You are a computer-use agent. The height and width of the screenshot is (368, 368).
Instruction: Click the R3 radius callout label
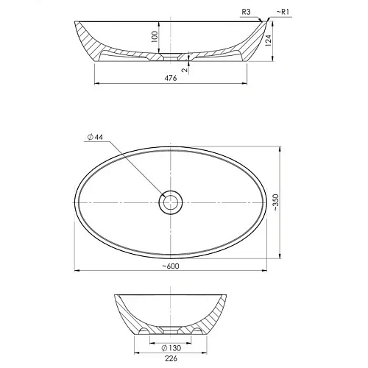(x=246, y=12)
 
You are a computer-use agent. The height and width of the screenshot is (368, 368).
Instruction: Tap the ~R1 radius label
(x=283, y=12)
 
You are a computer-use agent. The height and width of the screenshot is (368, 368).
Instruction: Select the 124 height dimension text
(x=269, y=40)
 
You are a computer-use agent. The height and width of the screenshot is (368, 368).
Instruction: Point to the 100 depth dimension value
(x=155, y=37)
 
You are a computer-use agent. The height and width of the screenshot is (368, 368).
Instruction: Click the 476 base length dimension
(x=171, y=78)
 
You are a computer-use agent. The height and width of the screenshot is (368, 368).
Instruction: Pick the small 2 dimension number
(x=185, y=70)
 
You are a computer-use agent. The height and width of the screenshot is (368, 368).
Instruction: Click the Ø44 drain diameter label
(x=95, y=137)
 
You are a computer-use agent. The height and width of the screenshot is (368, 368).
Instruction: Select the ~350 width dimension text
(x=276, y=202)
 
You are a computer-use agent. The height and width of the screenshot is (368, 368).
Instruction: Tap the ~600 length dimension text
(x=171, y=266)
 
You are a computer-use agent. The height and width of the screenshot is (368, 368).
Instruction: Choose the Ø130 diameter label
(x=171, y=347)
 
